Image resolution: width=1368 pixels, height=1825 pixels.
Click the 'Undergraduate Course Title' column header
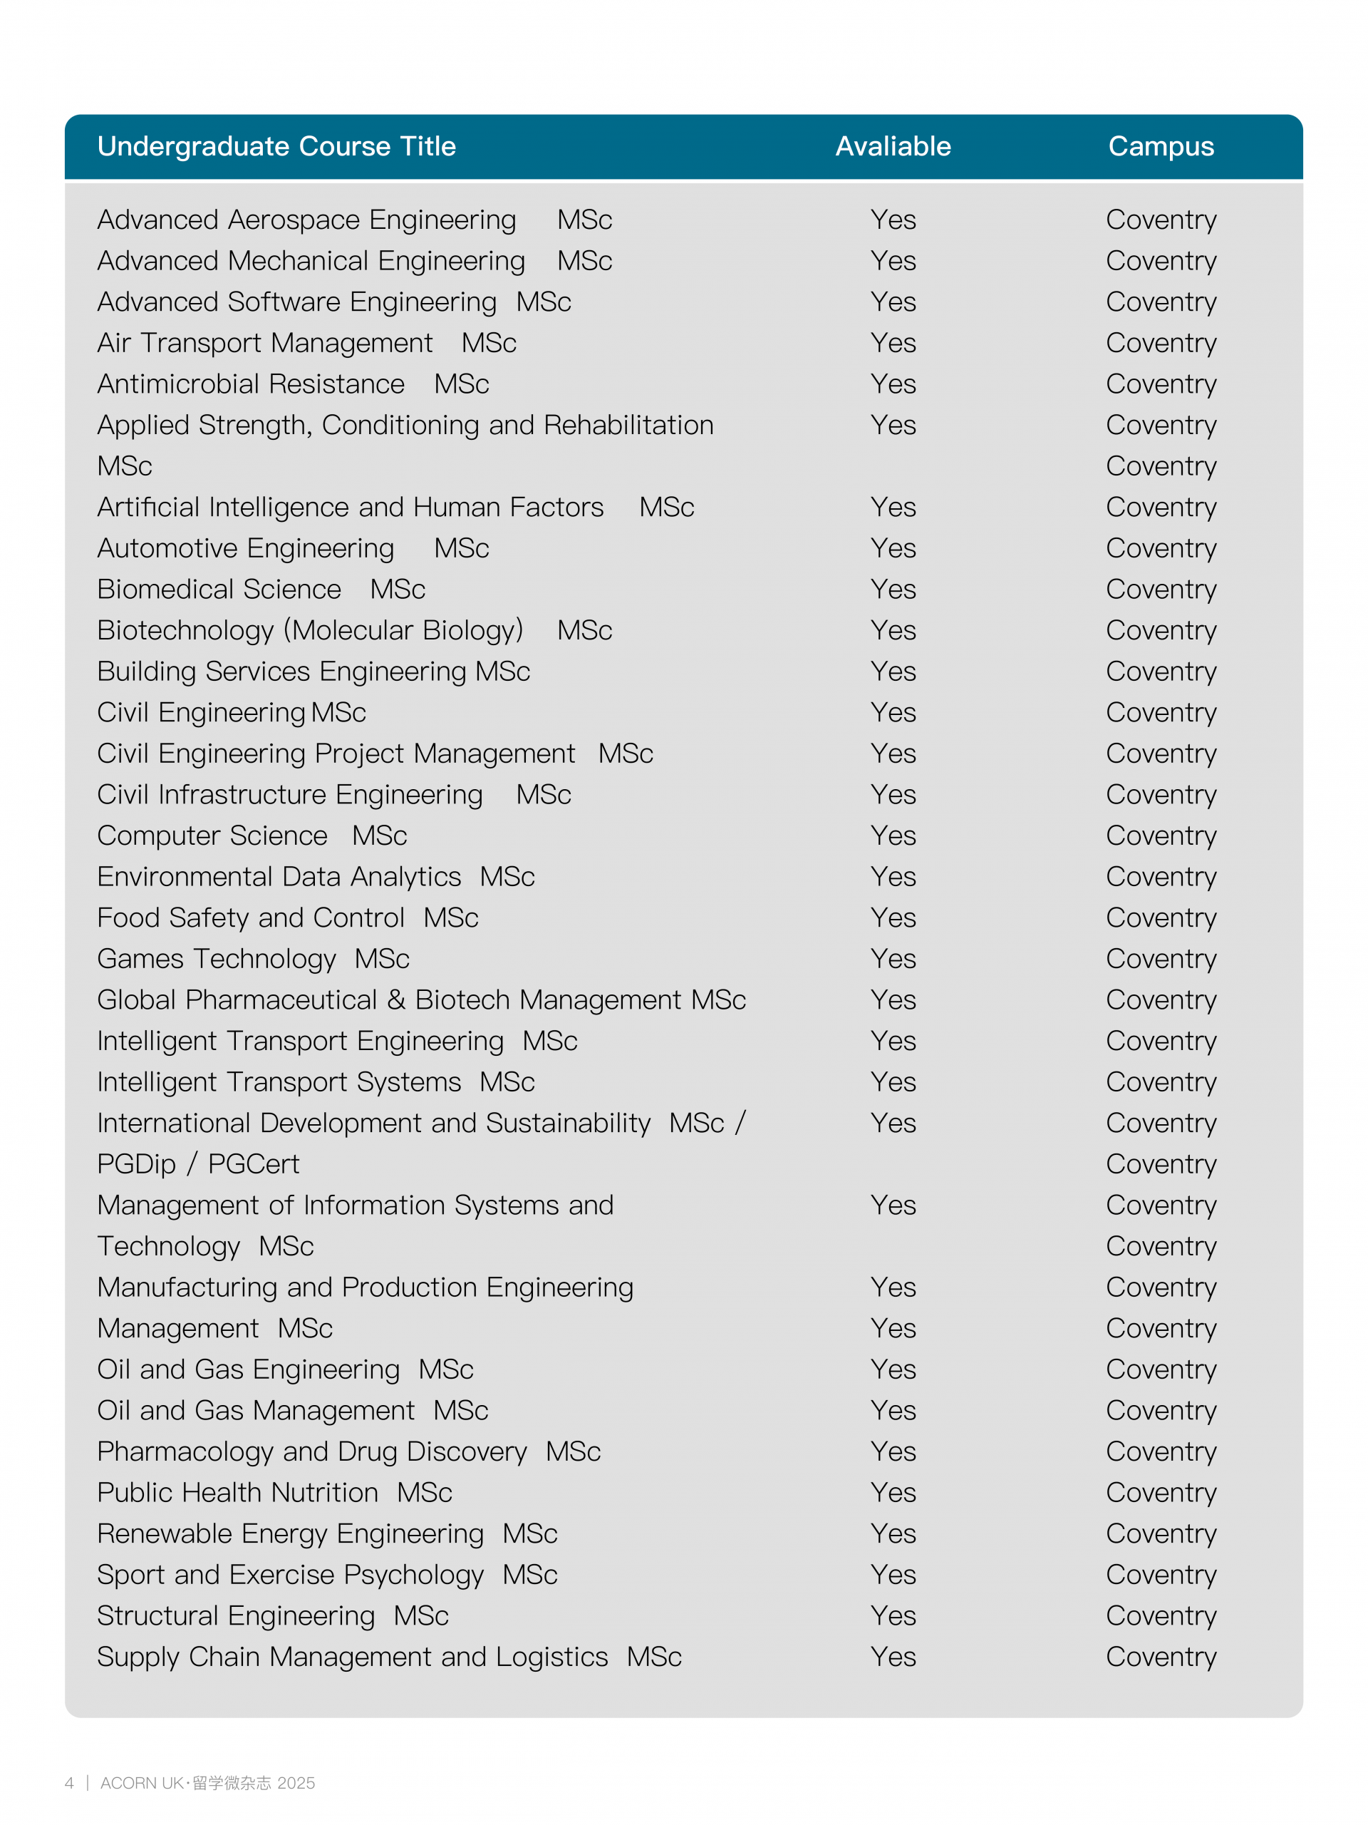point(276,146)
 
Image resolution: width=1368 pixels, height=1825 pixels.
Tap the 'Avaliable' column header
point(893,146)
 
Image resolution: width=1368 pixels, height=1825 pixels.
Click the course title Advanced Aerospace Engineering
point(307,220)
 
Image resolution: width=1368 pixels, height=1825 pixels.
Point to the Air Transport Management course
point(265,343)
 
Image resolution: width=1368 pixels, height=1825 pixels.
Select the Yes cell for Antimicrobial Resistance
point(893,384)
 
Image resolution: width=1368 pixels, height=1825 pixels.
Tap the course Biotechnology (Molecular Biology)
point(310,630)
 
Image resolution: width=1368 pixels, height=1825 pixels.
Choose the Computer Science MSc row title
point(252,836)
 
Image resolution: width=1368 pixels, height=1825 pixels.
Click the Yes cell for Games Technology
point(893,959)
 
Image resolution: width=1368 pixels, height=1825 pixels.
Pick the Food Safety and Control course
point(251,918)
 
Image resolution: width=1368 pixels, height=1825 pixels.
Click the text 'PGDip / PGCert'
point(198,1164)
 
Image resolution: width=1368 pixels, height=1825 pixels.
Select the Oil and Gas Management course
point(256,1411)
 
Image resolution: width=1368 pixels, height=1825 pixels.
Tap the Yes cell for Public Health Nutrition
point(893,1493)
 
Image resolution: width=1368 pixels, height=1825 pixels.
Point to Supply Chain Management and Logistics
point(352,1657)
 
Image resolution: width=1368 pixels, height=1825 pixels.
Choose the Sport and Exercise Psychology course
point(290,1575)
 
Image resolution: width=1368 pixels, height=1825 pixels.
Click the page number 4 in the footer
point(69,1783)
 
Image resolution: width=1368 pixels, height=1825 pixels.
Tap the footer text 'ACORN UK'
point(142,1783)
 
